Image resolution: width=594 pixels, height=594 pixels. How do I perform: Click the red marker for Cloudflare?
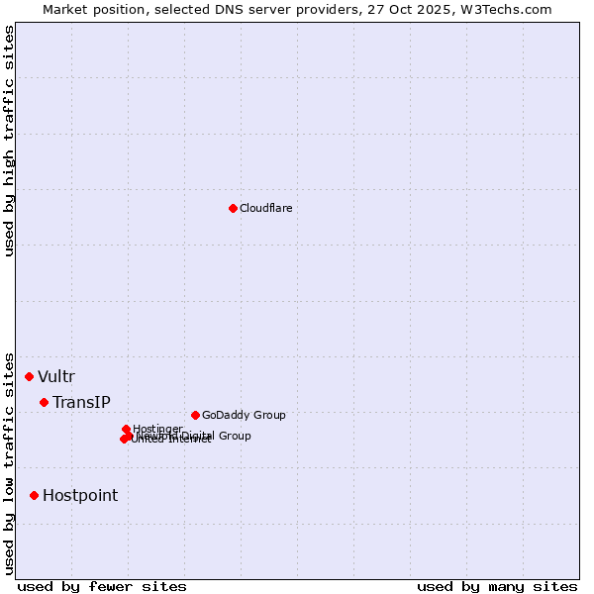(233, 208)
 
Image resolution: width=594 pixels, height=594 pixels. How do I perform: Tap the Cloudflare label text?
(265, 208)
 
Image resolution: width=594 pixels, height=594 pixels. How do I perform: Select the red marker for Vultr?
(29, 376)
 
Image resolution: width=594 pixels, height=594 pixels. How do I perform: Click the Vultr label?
(56, 376)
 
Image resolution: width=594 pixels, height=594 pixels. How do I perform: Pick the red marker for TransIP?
(44, 402)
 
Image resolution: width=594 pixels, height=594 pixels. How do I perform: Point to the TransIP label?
(81, 402)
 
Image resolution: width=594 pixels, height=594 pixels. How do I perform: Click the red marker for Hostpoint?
(34, 495)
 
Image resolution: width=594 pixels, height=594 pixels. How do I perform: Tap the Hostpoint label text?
(79, 495)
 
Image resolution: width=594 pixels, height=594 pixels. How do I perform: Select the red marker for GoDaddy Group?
(195, 415)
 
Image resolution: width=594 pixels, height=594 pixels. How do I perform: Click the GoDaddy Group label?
(243, 415)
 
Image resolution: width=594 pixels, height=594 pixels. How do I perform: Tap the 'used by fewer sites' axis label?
(102, 586)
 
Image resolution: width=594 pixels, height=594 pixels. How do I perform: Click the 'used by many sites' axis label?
(497, 586)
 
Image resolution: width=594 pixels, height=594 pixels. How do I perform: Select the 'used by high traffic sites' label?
(9, 141)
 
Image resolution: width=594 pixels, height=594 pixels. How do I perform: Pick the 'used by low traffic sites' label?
(9, 462)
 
